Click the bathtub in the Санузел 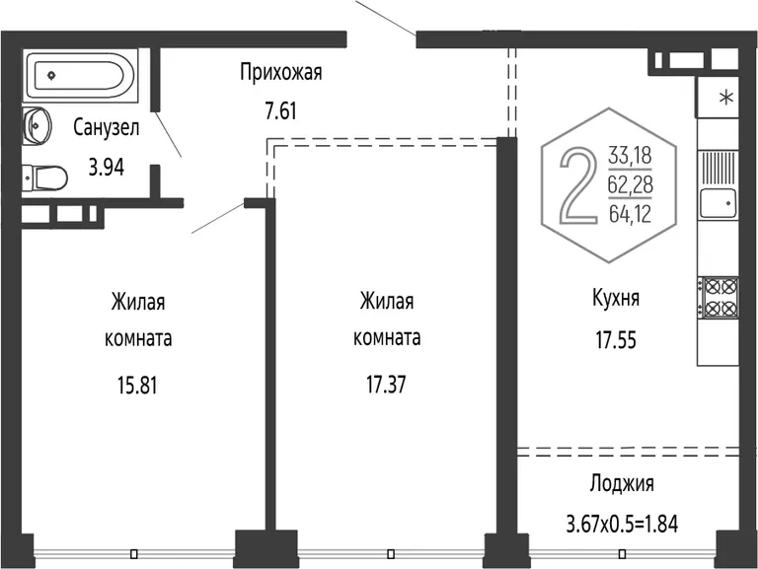(x=80, y=75)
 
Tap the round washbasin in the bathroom (x=37, y=125)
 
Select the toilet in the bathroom (x=44, y=178)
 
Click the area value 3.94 (x=106, y=167)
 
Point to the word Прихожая (x=281, y=72)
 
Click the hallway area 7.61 (x=280, y=111)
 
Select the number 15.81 (x=137, y=386)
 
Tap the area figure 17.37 (x=386, y=385)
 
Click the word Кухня (x=616, y=298)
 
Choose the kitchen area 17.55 (x=616, y=340)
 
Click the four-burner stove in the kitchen (x=719, y=298)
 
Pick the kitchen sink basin (x=718, y=203)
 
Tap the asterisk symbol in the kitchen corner (x=726, y=98)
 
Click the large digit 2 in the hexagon (x=578, y=186)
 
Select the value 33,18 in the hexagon (x=631, y=156)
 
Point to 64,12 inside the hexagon (x=631, y=213)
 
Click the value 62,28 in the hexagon (x=631, y=184)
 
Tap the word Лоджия (x=622, y=483)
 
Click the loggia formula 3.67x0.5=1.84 (x=622, y=524)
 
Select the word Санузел (x=107, y=127)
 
